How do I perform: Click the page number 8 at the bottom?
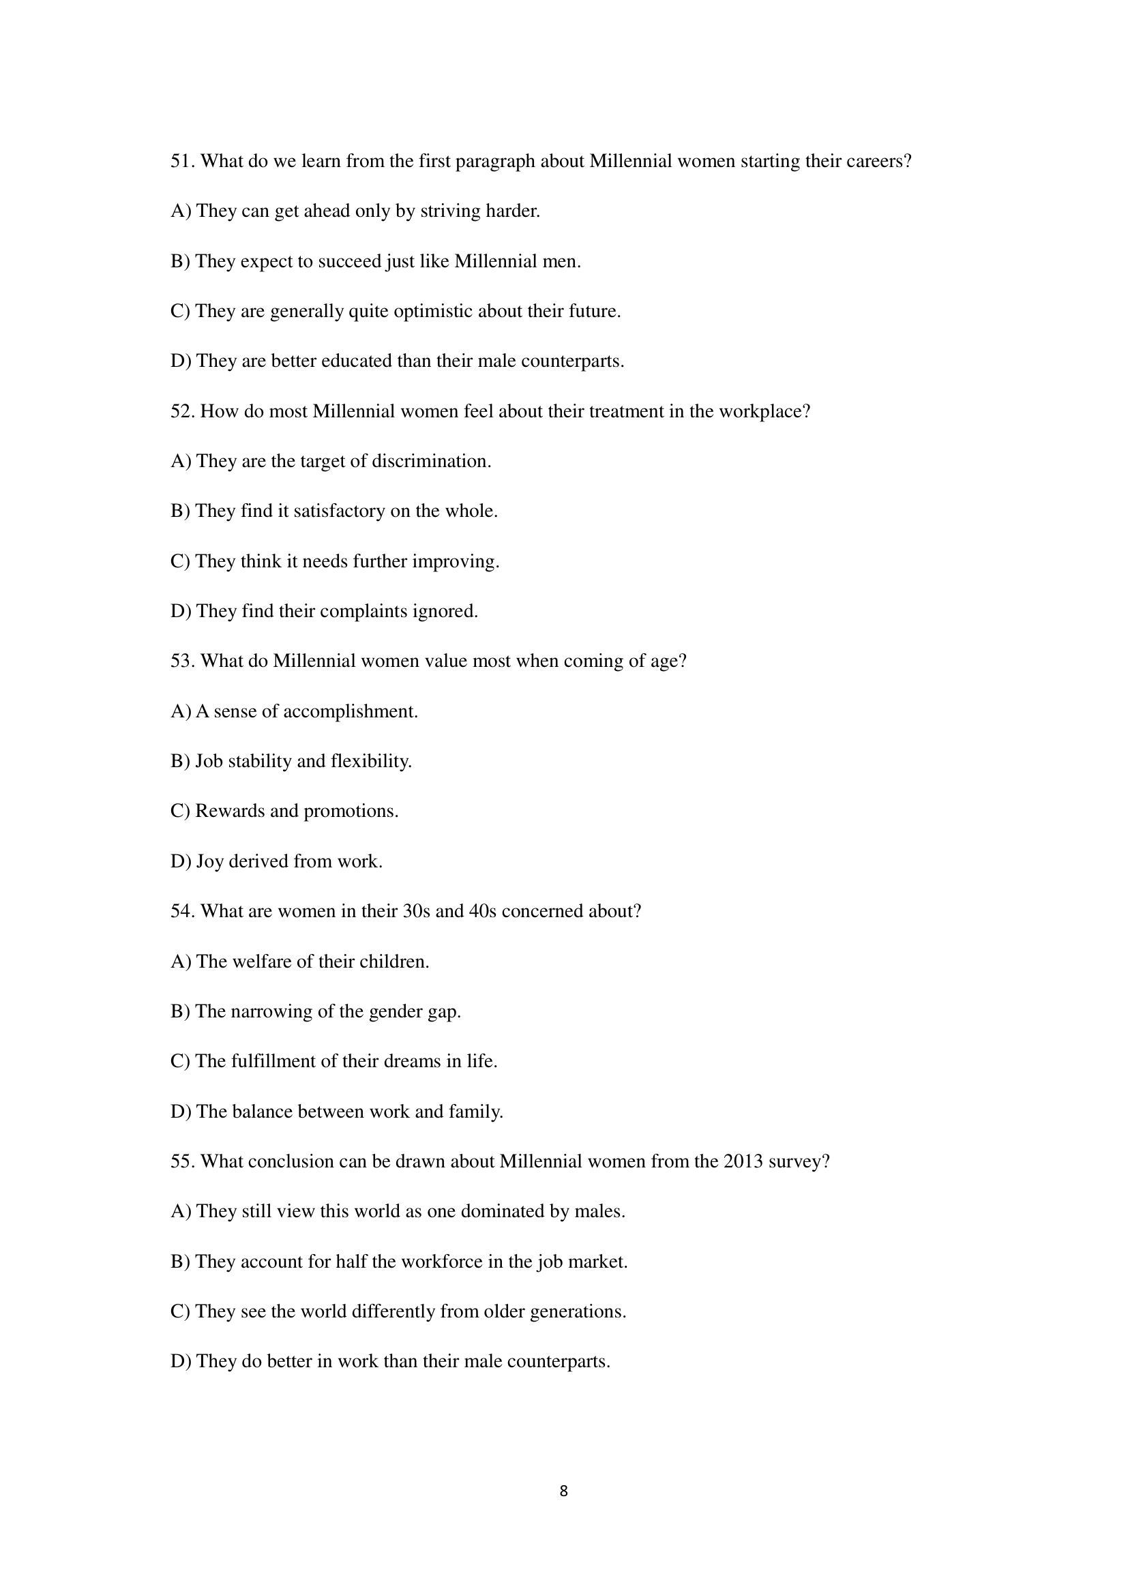coord(563,1491)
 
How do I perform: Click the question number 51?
coord(183,161)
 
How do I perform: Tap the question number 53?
coord(183,661)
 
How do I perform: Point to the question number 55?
coord(183,1161)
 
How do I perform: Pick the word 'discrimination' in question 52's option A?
coord(430,461)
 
